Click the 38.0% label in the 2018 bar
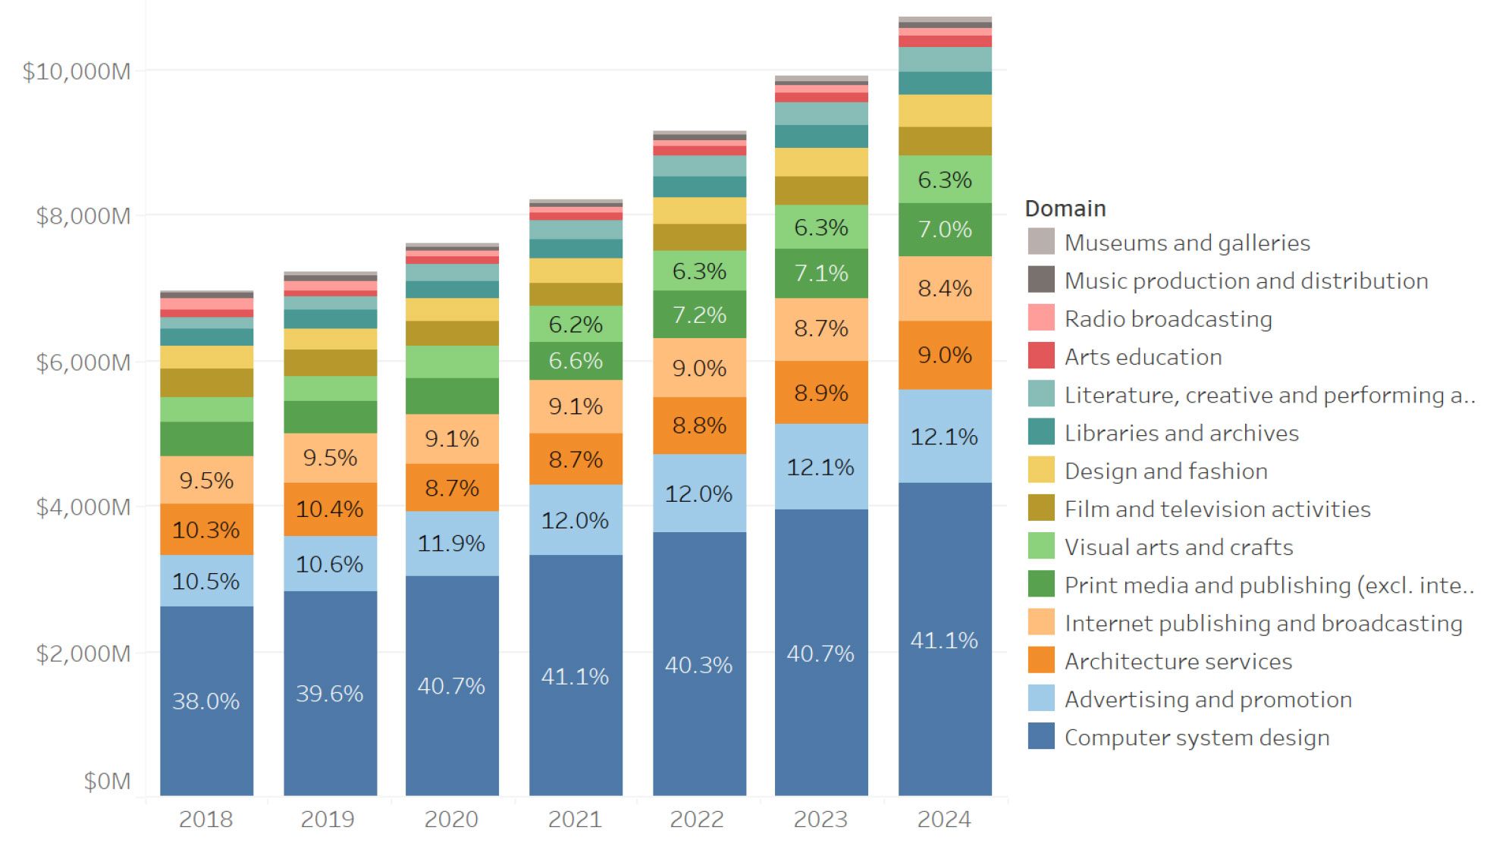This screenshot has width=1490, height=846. (205, 700)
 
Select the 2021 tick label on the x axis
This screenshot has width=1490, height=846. (575, 819)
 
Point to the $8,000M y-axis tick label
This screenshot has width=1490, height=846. (83, 216)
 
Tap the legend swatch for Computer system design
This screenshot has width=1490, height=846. (1040, 736)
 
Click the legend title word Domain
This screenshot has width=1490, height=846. (1065, 208)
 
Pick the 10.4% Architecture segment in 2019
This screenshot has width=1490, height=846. (330, 509)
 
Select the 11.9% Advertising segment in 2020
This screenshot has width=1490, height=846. (451, 543)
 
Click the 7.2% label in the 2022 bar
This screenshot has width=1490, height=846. (699, 315)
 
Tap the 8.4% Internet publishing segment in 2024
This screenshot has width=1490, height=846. (944, 288)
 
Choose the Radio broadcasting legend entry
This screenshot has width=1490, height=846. (1168, 318)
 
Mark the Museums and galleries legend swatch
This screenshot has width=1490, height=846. (1040, 242)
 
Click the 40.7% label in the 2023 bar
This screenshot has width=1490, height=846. (820, 653)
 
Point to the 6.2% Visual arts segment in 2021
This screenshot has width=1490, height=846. (576, 324)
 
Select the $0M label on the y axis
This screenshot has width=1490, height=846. (107, 781)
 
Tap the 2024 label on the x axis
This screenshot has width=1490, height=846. (944, 819)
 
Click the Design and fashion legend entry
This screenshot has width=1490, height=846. (1165, 471)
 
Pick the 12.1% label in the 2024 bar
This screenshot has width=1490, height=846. (944, 437)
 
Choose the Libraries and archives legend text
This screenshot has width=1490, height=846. (1181, 433)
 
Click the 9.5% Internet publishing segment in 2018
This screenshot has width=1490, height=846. (206, 480)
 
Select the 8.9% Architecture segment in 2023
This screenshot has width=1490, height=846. (821, 393)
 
